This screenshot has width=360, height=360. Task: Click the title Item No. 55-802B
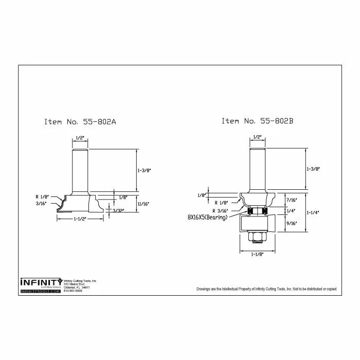click(x=257, y=121)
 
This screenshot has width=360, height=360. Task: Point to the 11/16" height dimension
click(x=144, y=204)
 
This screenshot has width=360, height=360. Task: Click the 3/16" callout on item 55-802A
click(x=41, y=204)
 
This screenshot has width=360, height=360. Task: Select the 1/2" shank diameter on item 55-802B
click(x=257, y=137)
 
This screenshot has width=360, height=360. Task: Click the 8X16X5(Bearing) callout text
click(x=207, y=218)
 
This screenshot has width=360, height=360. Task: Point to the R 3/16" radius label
click(x=222, y=210)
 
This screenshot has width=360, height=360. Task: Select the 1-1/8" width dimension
click(x=256, y=255)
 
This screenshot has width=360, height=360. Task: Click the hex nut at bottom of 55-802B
click(x=256, y=237)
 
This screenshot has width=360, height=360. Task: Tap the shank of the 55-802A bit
click(x=80, y=170)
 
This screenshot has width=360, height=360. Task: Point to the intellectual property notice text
click(x=266, y=289)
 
